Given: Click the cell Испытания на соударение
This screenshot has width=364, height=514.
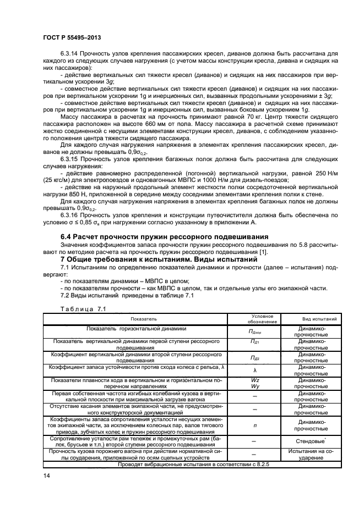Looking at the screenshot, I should pyautogui.click(x=315, y=454).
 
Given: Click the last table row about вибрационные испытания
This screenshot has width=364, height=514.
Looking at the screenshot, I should pyautogui.click(x=189, y=465).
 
